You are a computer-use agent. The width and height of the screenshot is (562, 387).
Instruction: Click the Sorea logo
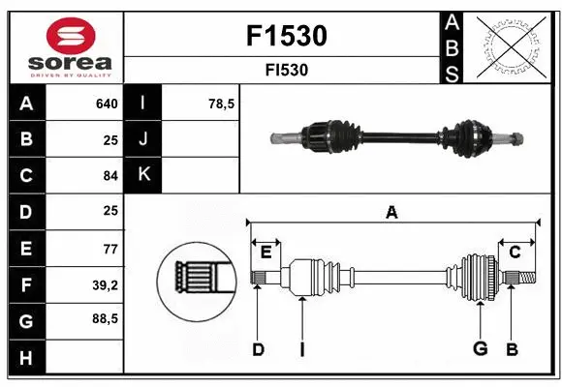point(65,46)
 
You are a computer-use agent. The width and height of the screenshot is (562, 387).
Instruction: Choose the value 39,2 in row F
point(106,284)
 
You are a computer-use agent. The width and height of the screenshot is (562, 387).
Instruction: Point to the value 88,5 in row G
point(106,318)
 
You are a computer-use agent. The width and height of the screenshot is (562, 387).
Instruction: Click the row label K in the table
point(143,175)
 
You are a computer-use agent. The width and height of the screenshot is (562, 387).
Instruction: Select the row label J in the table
point(143,139)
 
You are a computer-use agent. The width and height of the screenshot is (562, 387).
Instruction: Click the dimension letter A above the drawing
point(391,213)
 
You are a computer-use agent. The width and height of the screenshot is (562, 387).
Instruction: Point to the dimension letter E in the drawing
point(265,253)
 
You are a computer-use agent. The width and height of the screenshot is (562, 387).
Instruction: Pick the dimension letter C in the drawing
point(515,253)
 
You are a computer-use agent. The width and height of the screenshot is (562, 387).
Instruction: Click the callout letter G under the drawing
point(480,349)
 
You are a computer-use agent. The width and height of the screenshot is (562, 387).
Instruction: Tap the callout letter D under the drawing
point(258,349)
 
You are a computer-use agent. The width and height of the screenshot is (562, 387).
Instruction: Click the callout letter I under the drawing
point(302,349)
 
